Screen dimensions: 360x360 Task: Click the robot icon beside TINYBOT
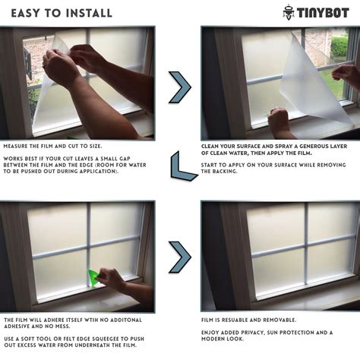pyautogui.click(x=289, y=12)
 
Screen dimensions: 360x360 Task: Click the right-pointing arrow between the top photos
pyautogui.click(x=180, y=87)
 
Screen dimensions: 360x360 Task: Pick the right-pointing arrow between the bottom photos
pyautogui.click(x=180, y=257)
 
